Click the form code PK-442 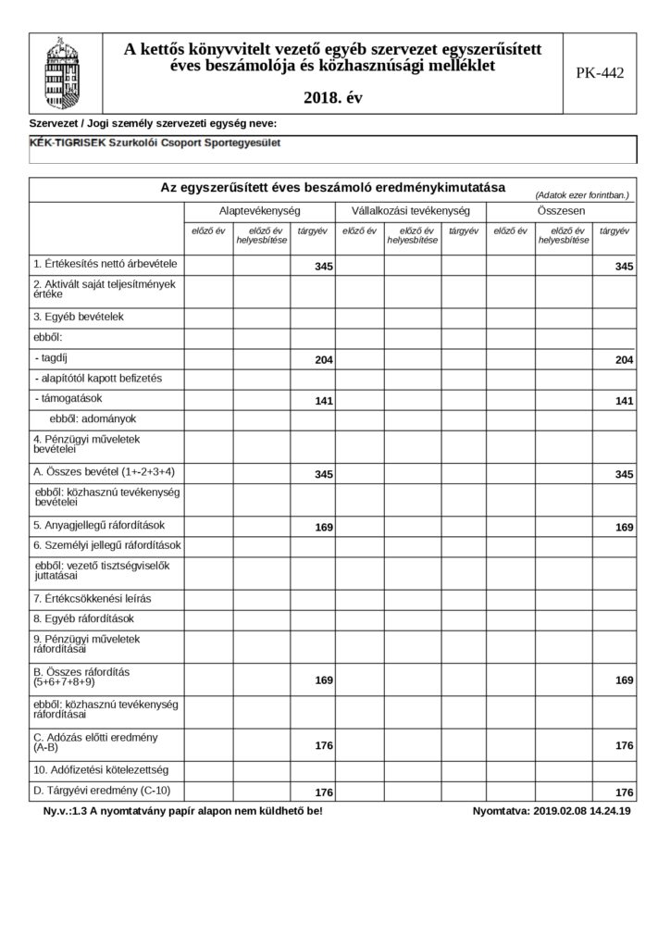[600, 73]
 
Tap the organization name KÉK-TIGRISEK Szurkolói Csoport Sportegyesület [155, 143]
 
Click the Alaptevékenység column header [258, 211]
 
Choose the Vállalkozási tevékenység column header [410, 211]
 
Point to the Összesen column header [562, 211]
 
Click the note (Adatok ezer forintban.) [581, 195]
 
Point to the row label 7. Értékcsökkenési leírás [92, 599]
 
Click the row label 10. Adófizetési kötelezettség [102, 769]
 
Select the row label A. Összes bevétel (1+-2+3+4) [104, 472]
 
